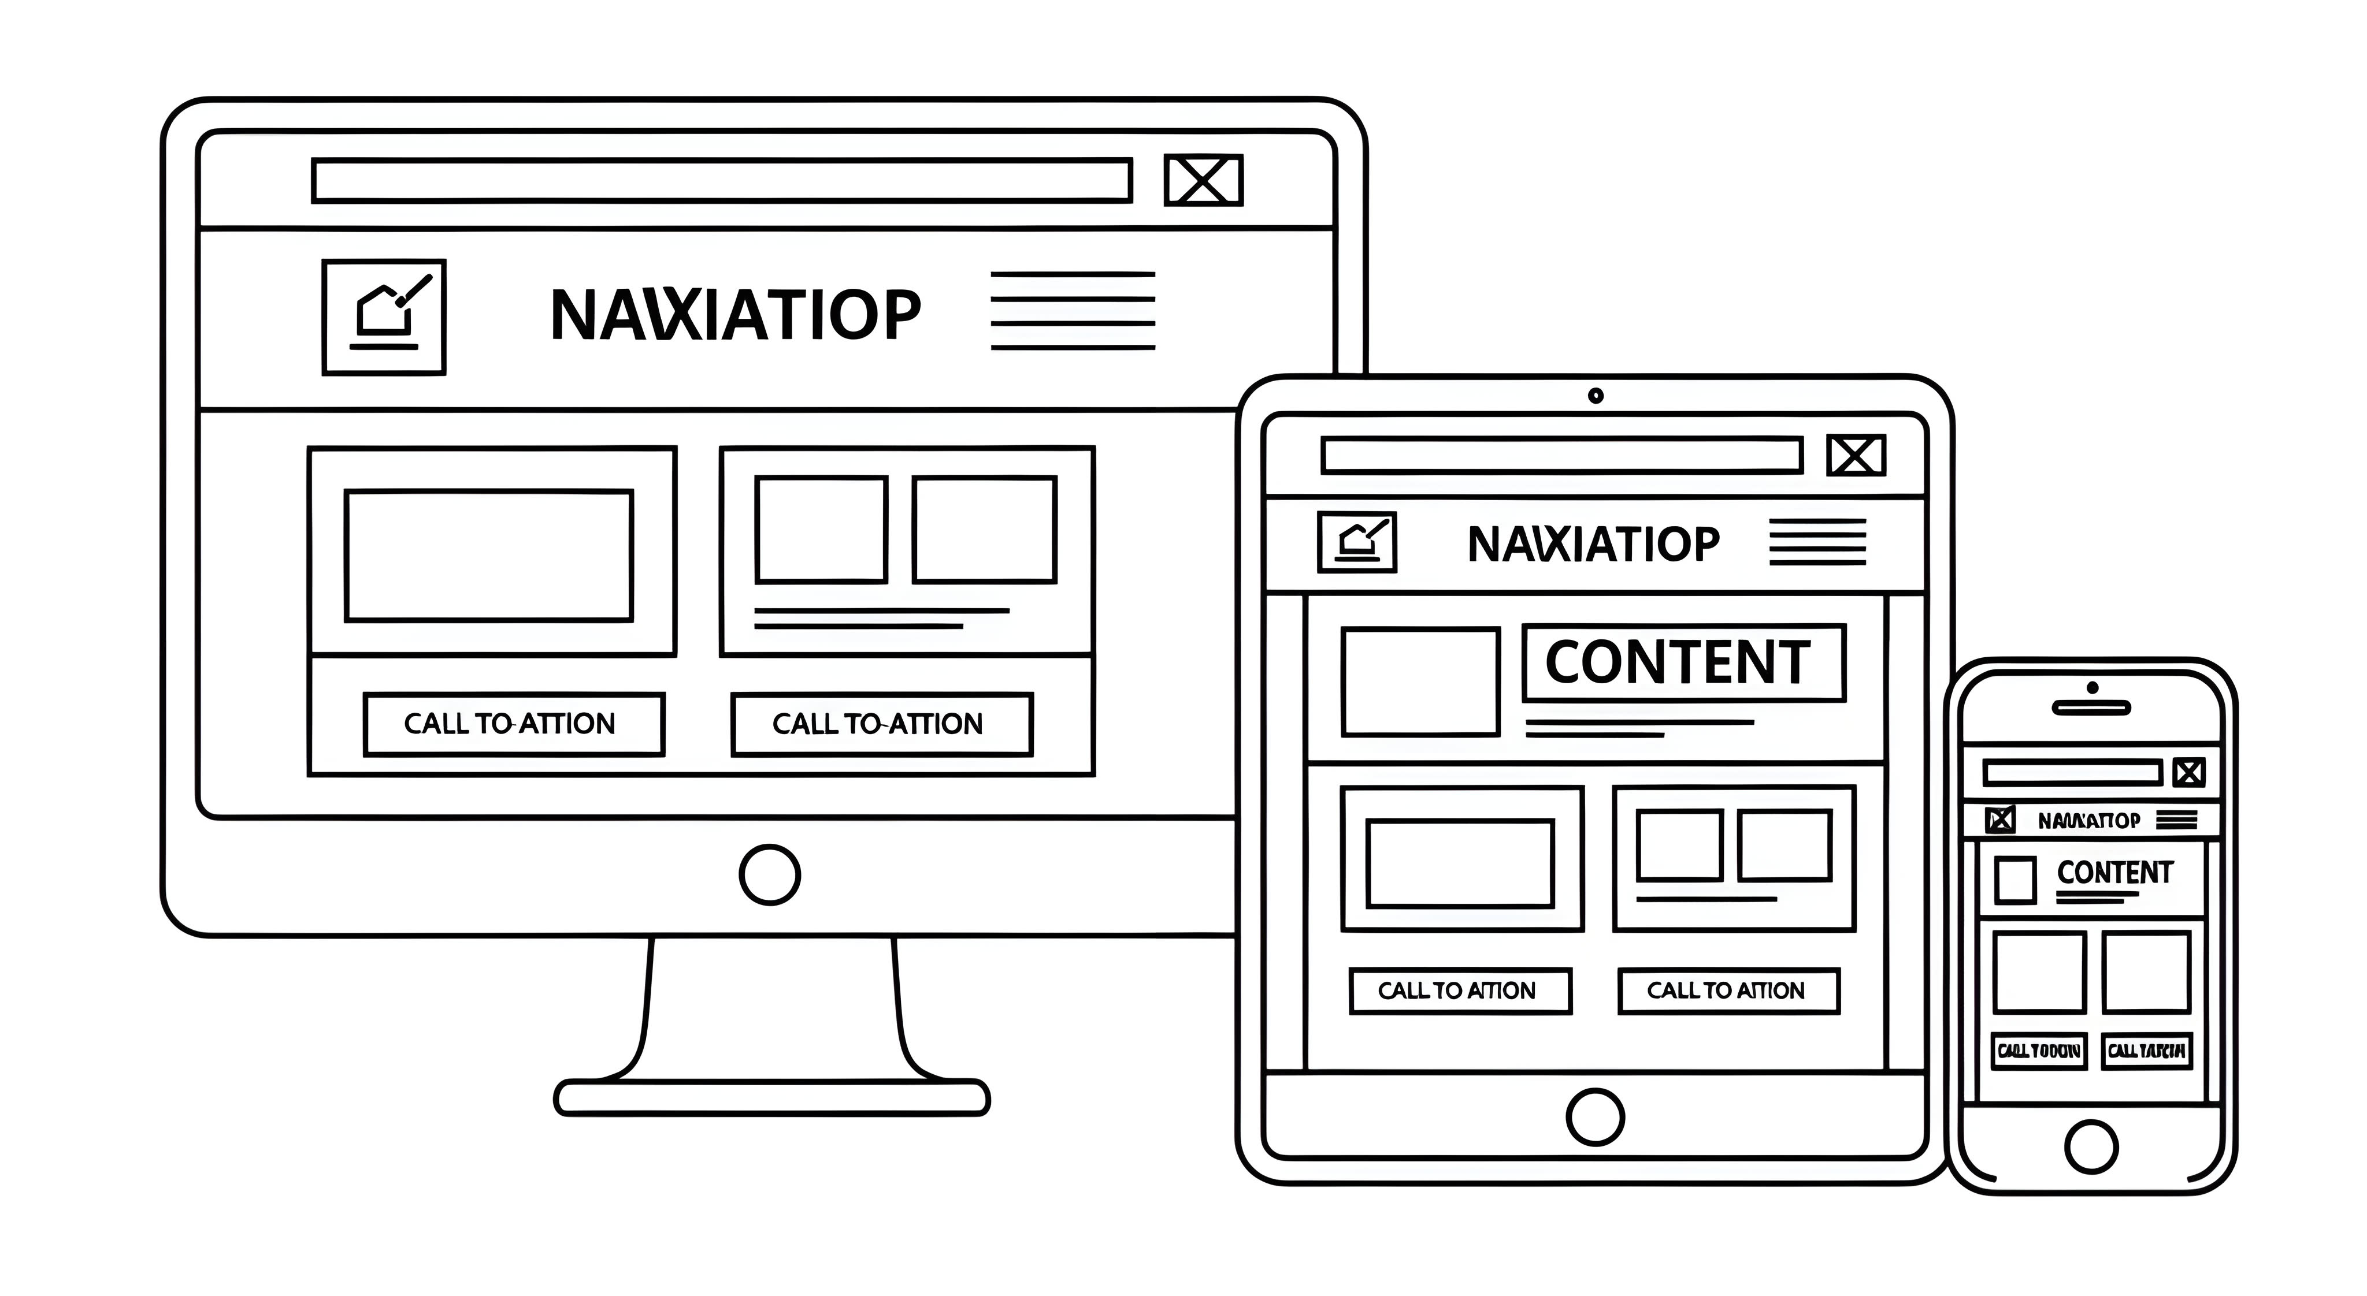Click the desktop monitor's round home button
tap(769, 874)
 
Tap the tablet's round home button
tap(1594, 1117)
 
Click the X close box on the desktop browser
tap(1203, 180)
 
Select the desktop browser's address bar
tap(721, 180)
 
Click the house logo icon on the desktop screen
tap(384, 317)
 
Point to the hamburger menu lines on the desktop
tap(1073, 311)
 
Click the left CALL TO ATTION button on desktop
tap(514, 724)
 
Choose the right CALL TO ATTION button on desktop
tap(881, 724)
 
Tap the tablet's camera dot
tap(1595, 396)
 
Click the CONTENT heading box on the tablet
tap(1683, 662)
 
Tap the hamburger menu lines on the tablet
tap(1817, 542)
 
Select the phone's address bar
tap(2072, 772)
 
